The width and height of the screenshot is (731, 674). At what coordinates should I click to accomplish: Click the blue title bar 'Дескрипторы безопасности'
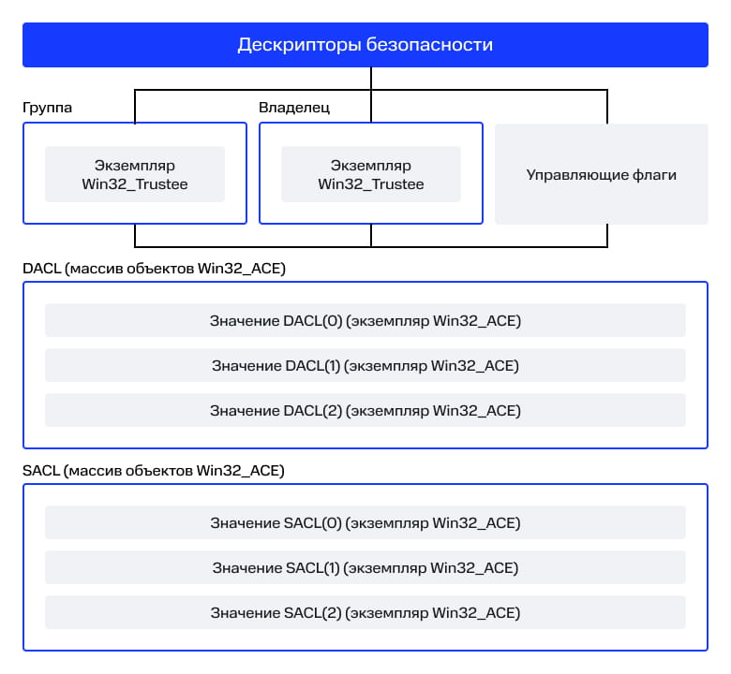[365, 45]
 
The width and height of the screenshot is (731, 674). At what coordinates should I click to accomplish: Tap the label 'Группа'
[47, 108]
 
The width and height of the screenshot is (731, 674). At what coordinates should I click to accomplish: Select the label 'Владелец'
[294, 108]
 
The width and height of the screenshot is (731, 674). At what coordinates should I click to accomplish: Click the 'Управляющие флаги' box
[602, 174]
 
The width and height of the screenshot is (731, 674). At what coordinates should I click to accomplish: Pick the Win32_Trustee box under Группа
[135, 174]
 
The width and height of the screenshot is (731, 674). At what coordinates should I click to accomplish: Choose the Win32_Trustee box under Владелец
[371, 174]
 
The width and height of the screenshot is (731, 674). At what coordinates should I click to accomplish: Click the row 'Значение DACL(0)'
[365, 320]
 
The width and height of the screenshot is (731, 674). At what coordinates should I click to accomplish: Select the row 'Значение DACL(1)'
[365, 365]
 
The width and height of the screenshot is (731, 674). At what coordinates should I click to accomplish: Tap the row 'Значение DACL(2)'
[365, 410]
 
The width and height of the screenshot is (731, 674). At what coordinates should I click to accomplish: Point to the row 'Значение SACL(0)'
[365, 522]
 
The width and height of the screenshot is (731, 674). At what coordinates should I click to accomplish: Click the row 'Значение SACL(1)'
[365, 567]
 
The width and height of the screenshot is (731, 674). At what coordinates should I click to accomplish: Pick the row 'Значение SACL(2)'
[365, 612]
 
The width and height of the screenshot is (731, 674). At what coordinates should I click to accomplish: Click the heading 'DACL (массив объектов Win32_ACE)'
[154, 269]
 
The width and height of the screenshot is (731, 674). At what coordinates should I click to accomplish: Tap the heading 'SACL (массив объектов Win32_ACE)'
[154, 471]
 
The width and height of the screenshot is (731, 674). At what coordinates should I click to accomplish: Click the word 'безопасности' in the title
[429, 45]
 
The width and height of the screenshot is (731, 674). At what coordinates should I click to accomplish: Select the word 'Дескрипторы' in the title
[299, 45]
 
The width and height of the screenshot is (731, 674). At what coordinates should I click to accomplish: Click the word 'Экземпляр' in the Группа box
[135, 166]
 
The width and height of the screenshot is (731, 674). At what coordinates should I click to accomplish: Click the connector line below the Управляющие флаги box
[607, 236]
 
